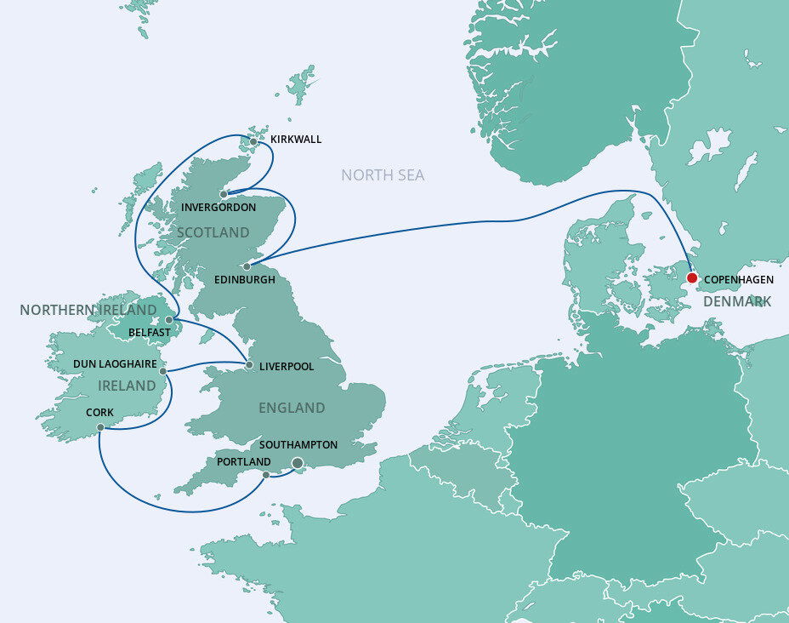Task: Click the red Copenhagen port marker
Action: tap(692, 277)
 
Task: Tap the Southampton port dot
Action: tap(298, 463)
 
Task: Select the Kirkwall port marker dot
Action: tap(253, 141)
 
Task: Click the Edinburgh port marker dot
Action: tap(247, 266)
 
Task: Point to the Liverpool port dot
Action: tap(248, 365)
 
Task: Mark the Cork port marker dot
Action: tap(100, 427)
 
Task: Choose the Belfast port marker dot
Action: tap(169, 320)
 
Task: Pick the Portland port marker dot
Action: tap(266, 475)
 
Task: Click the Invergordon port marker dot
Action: tap(224, 194)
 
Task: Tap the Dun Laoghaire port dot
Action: tap(162, 371)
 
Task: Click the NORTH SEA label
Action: tap(383, 175)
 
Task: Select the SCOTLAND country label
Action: tap(213, 232)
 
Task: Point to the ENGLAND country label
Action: tap(292, 408)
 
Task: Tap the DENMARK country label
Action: tap(736, 301)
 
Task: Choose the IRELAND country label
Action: tap(128, 386)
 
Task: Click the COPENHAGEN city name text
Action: tap(739, 279)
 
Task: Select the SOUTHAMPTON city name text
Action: tap(298, 445)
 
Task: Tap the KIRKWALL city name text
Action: tap(296, 139)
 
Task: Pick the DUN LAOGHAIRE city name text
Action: tap(115, 363)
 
